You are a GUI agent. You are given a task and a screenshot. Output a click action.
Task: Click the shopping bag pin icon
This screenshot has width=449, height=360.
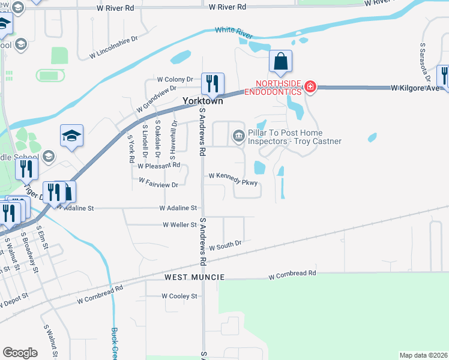pos(280,61)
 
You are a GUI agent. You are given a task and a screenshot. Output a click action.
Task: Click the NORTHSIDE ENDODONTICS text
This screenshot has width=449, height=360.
pos(277,83)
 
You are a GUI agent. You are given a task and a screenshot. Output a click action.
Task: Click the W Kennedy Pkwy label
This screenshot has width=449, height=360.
pos(233,176)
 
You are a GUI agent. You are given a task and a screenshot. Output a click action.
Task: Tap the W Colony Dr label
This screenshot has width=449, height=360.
pos(175,79)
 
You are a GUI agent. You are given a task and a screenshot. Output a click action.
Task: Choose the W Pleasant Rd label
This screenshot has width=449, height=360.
pos(158,165)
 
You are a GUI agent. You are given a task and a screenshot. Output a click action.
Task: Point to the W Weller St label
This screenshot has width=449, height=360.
pos(180,225)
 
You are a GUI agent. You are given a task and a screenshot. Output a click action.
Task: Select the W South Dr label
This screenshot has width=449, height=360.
pos(224,244)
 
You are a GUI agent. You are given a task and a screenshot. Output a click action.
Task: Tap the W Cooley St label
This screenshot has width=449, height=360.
pos(179,296)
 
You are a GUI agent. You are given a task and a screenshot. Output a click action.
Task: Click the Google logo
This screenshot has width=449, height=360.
pos(20,352)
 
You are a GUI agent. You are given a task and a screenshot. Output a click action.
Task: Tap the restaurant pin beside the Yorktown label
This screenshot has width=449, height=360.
pos(212,84)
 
